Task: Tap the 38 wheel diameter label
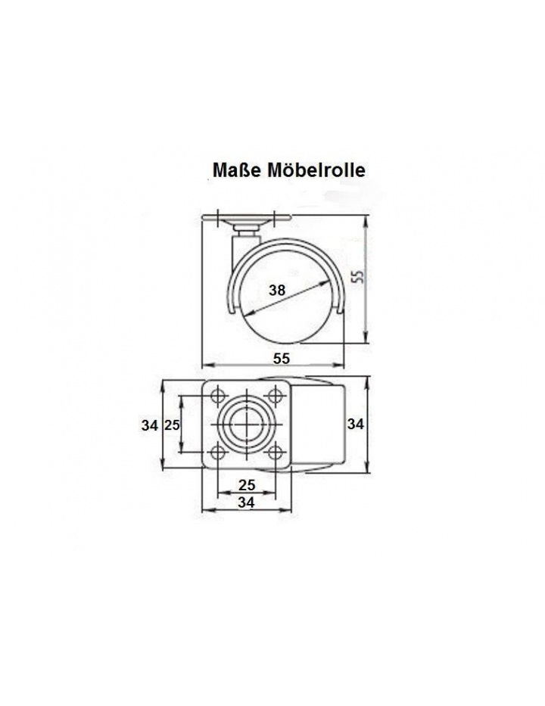point(277,291)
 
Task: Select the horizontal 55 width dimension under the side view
point(281,359)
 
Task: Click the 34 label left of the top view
point(150,425)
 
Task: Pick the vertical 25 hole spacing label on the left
point(172,425)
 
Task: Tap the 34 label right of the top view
point(355,424)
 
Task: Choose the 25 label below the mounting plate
point(247,484)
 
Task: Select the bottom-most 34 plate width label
point(246,502)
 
